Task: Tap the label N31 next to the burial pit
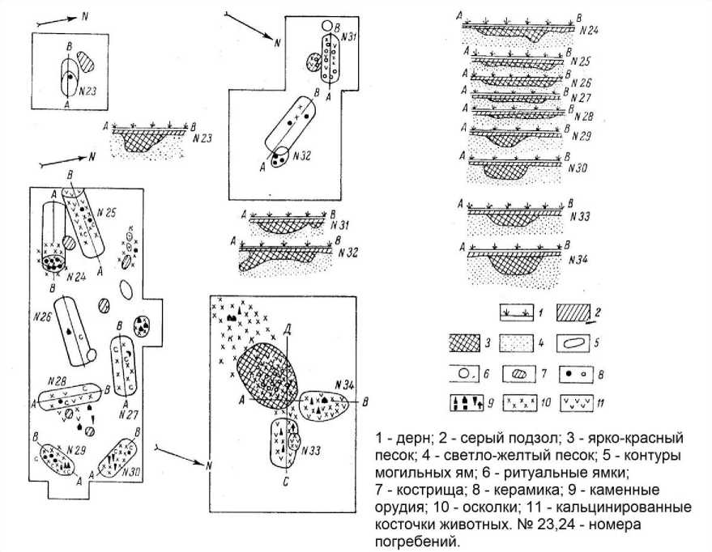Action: [x=349, y=38]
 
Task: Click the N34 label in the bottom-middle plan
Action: [x=343, y=384]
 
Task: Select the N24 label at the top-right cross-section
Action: [x=588, y=31]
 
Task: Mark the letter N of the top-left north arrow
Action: [x=87, y=15]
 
